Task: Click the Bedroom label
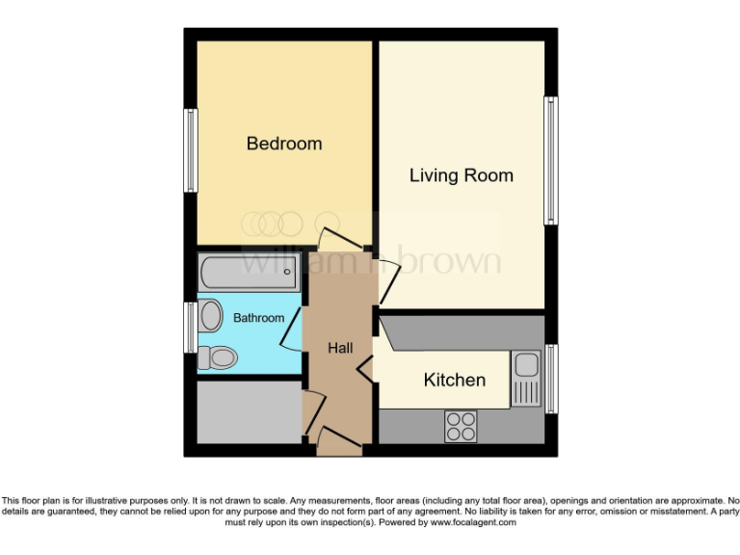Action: click(x=284, y=144)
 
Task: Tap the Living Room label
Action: click(x=462, y=175)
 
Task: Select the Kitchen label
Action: click(x=455, y=380)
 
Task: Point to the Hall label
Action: click(x=340, y=349)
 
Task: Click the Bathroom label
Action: click(x=258, y=318)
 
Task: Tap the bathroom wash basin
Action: click(x=209, y=316)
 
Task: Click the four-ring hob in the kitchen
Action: click(x=461, y=426)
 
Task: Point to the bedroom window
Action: click(x=191, y=150)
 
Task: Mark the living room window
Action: click(x=551, y=160)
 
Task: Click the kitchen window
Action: click(x=551, y=377)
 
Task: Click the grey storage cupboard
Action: click(x=250, y=411)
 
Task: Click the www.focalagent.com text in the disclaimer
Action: click(x=473, y=522)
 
